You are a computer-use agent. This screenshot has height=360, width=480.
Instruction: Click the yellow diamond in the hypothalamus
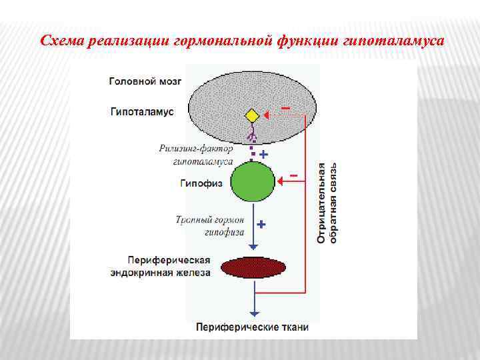pyautogui.click(x=252, y=116)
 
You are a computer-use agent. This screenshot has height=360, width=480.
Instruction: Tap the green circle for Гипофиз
pyautogui.click(x=253, y=181)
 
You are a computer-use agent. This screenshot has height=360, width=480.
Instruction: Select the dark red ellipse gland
pyautogui.click(x=253, y=267)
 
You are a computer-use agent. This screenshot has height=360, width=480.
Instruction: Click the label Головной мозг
pyautogui.click(x=145, y=81)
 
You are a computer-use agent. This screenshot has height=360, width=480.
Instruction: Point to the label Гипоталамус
pyautogui.click(x=142, y=112)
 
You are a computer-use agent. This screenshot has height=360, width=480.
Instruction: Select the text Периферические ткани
pyautogui.click(x=253, y=327)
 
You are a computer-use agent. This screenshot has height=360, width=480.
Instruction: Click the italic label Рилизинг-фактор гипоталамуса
pyautogui.click(x=196, y=155)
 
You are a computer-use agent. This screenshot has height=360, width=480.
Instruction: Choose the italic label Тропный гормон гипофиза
pyautogui.click(x=210, y=225)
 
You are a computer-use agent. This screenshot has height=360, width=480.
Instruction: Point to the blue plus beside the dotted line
pyautogui.click(x=263, y=155)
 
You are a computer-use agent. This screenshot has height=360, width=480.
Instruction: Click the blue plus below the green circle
pyautogui.click(x=261, y=225)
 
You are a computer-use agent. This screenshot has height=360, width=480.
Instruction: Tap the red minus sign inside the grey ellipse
pyautogui.click(x=285, y=107)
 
